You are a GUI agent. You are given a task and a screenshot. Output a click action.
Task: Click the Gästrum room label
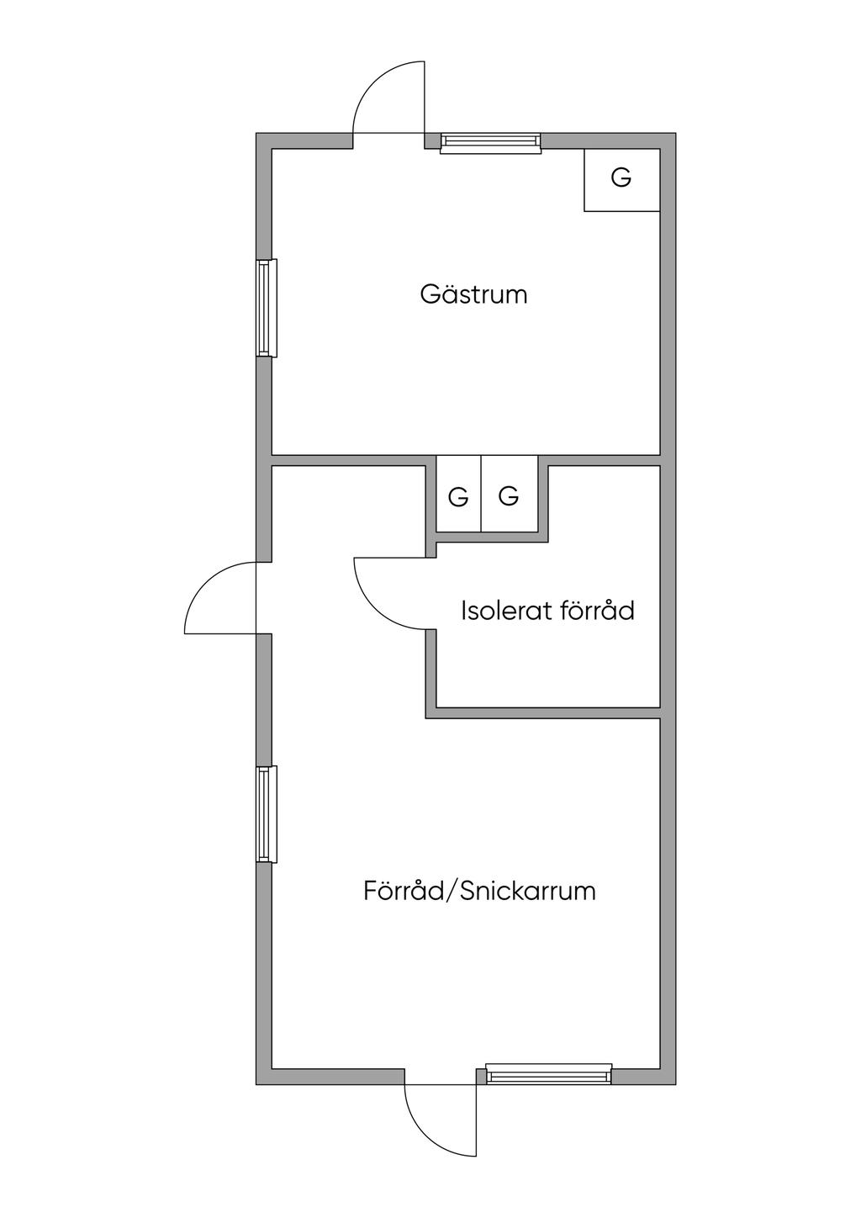click(x=473, y=294)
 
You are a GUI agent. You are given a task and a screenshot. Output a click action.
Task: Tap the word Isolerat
click(x=499, y=610)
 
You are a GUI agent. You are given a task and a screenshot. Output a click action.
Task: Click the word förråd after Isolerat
click(x=594, y=610)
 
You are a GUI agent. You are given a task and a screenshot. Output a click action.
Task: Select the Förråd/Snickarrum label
click(x=479, y=890)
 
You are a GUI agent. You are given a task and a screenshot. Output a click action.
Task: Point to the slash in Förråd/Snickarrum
click(x=452, y=890)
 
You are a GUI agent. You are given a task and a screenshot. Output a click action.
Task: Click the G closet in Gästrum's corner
click(x=621, y=178)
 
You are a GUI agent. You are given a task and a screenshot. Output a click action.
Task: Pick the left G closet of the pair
click(x=458, y=497)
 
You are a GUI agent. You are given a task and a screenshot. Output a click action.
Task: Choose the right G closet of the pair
click(x=509, y=497)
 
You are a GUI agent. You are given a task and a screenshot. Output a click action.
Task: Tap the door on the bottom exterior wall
click(x=441, y=1119)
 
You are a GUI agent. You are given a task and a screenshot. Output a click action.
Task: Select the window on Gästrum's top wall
click(x=490, y=143)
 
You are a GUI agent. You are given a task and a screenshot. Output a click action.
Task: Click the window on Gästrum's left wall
click(x=266, y=308)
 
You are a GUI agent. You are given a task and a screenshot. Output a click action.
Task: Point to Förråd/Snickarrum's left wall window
click(x=266, y=814)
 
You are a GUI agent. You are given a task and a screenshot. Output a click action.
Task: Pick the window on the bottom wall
click(x=548, y=1076)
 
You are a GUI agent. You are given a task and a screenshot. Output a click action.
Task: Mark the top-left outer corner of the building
click(x=257, y=134)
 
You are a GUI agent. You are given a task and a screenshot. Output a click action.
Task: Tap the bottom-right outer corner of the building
click(x=674, y=1083)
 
